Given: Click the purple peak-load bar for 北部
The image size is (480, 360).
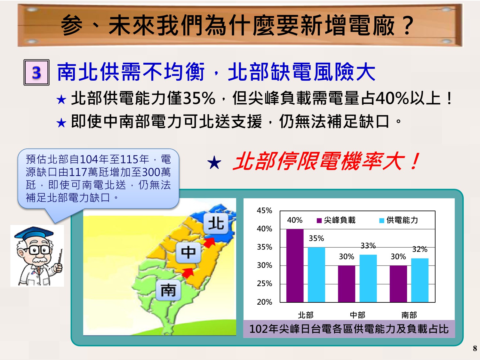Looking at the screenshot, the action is pyautogui.click(x=295, y=265).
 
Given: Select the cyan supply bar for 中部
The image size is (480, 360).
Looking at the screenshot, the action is pyautogui.click(x=368, y=278).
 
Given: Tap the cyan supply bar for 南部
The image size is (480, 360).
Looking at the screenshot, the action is pyautogui.click(x=420, y=280).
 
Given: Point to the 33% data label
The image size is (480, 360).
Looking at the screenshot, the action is pyautogui.click(x=368, y=246).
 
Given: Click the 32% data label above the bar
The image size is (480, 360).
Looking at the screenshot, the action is pyautogui.click(x=420, y=249).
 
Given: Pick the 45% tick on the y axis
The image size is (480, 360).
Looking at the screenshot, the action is pyautogui.click(x=264, y=211).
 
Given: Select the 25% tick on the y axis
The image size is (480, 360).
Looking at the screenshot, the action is pyautogui.click(x=264, y=284).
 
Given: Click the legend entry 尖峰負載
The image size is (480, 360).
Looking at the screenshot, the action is pyautogui.click(x=336, y=220).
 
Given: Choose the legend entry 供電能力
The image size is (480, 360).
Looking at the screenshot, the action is pyautogui.click(x=398, y=220).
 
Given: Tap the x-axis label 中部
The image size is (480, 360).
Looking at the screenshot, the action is pyautogui.click(x=357, y=315).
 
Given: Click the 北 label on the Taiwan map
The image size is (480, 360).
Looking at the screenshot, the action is pyautogui.click(x=216, y=223).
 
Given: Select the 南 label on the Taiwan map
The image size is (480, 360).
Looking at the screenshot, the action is pyautogui.click(x=168, y=290).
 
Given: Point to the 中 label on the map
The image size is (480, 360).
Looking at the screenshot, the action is pyautogui.click(x=188, y=252).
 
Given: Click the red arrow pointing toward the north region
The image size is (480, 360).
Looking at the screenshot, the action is pyautogui.click(x=209, y=242).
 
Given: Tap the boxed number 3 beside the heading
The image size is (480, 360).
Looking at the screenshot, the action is pyautogui.click(x=36, y=72).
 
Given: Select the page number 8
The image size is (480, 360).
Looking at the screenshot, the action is pyautogui.click(x=475, y=348).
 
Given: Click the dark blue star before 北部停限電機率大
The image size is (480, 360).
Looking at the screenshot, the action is pyautogui.click(x=214, y=163).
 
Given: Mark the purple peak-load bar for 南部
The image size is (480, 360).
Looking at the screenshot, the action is pyautogui.click(x=398, y=284).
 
